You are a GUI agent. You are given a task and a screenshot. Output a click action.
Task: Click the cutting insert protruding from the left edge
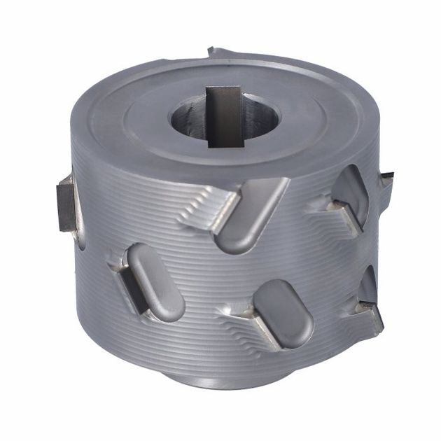(67, 204)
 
